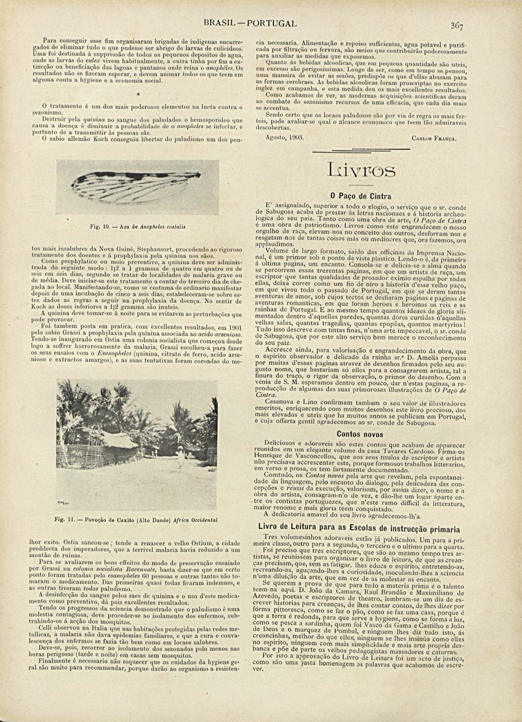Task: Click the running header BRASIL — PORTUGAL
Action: (x=250, y=23)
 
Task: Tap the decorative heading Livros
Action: (x=361, y=171)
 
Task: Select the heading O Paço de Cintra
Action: (x=361, y=196)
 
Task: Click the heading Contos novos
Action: (x=360, y=433)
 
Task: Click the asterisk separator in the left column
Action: (x=138, y=94)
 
